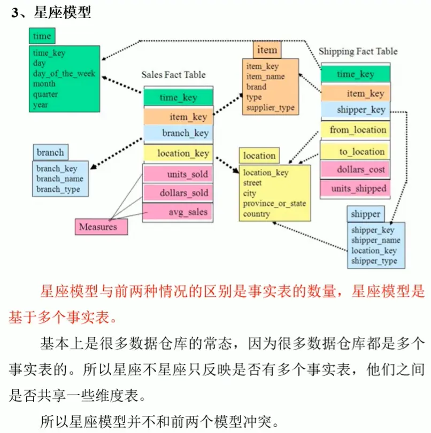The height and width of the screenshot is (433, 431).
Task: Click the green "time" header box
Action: (42, 36)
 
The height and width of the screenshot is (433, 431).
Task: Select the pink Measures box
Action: (102, 227)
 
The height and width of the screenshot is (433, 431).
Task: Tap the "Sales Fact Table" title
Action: (173, 75)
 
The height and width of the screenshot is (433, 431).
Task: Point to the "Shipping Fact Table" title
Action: (358, 51)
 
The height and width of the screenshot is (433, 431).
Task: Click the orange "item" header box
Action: (267, 50)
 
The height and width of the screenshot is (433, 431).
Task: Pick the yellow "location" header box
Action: (259, 156)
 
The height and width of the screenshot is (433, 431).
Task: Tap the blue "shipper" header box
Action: (366, 214)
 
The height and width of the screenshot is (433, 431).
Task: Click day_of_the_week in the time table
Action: (64, 73)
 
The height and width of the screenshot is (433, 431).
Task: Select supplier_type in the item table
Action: (270, 107)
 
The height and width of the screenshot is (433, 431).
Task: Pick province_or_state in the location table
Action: (274, 203)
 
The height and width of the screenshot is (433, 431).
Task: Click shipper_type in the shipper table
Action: (374, 261)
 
